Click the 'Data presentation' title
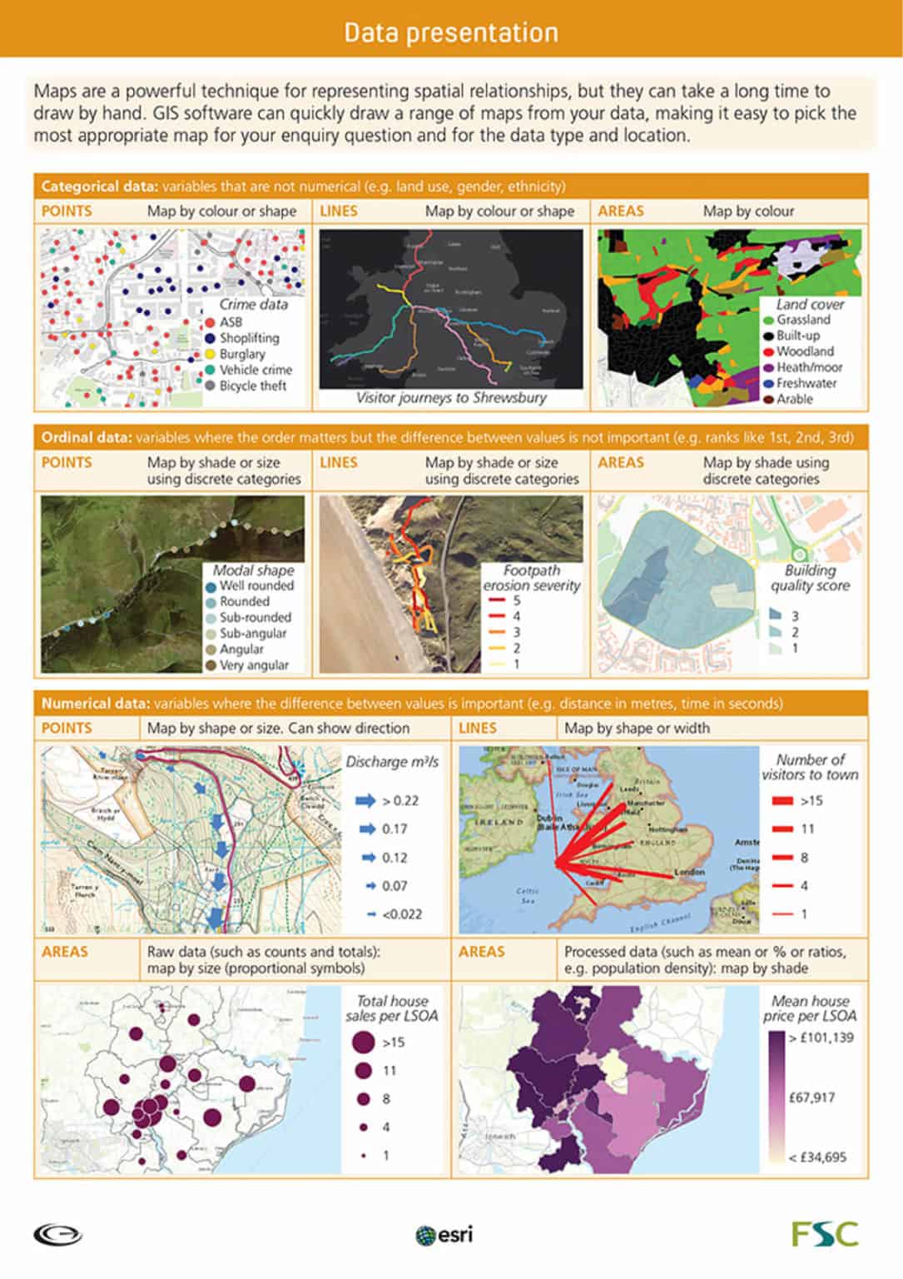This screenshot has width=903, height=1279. click(451, 32)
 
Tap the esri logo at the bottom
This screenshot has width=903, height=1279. click(444, 1234)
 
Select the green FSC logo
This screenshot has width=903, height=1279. click(825, 1233)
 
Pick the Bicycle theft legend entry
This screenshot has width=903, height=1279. click(252, 386)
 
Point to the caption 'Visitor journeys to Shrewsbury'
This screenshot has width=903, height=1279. click(451, 397)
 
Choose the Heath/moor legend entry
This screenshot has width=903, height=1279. click(808, 367)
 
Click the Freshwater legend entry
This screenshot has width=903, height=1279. click(806, 383)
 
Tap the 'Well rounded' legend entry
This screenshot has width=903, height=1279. click(256, 585)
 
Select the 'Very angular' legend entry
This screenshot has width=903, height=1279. click(253, 664)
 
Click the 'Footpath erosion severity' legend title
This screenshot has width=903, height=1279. click(532, 578)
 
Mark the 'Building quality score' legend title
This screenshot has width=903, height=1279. click(810, 578)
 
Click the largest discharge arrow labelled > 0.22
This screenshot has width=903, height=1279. click(366, 800)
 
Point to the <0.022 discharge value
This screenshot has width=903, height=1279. click(402, 913)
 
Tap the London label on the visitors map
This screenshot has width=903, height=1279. click(689, 872)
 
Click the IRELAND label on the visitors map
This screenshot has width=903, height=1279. click(498, 821)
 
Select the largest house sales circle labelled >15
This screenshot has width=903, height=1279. click(363, 1042)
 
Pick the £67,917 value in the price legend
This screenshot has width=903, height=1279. click(812, 1097)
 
